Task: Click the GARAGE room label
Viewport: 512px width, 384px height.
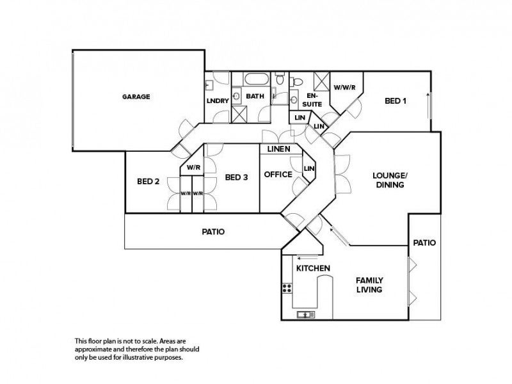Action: coord(136,97)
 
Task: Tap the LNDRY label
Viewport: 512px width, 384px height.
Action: coord(218,100)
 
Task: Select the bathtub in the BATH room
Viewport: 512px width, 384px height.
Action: coord(257,79)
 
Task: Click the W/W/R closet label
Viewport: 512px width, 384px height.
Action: coord(344,88)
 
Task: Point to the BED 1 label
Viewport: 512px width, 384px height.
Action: coord(396,101)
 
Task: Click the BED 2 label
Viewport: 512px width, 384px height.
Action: coord(148,181)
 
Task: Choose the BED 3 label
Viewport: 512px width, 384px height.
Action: coord(236,177)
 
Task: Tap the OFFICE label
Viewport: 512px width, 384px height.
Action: coord(278,175)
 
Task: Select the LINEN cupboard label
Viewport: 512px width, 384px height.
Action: coord(279,149)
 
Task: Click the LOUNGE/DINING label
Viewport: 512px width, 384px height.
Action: coord(390,180)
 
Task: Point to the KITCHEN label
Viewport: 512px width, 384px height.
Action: coord(313,268)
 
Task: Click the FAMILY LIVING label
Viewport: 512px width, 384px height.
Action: coord(369,285)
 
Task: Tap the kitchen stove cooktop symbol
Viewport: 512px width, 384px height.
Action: coord(287,288)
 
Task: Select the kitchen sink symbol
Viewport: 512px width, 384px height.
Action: coord(306,315)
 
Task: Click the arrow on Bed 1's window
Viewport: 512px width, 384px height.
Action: coord(428,106)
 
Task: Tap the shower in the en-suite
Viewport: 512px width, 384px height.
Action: coord(321,81)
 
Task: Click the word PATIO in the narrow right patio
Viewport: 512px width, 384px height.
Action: coord(424,243)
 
